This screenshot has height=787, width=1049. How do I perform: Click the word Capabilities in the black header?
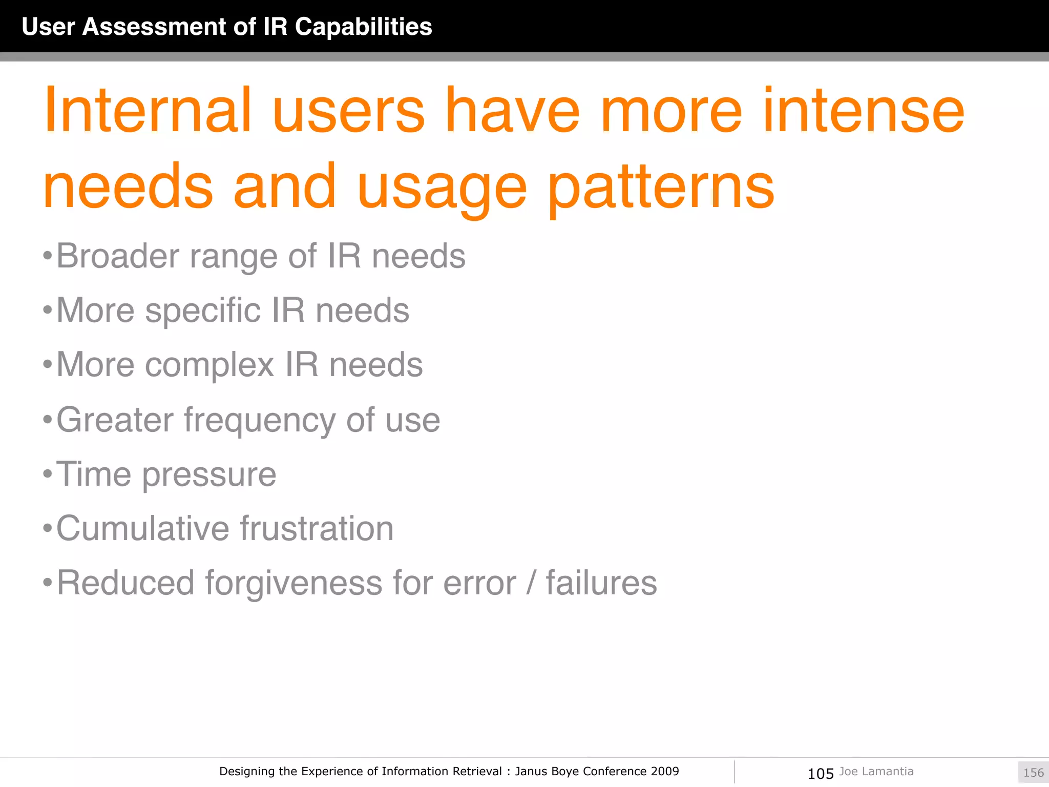363,27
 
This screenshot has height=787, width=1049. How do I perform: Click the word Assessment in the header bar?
154,27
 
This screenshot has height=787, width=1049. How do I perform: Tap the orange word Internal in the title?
148,110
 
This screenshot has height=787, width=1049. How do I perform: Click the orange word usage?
442,187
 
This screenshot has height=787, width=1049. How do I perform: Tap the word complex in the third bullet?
209,365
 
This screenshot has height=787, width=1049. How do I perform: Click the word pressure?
209,474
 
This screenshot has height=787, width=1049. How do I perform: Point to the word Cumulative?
142,528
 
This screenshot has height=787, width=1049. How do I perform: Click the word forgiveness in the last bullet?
293,583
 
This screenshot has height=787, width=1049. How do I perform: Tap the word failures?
601,583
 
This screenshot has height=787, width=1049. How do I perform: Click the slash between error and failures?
531,583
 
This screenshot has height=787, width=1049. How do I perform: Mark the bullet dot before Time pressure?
48,474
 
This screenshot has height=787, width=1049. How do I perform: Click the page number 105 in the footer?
821,773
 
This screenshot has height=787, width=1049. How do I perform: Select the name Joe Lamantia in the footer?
876,772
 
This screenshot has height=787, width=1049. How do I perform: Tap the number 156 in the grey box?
1033,773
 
